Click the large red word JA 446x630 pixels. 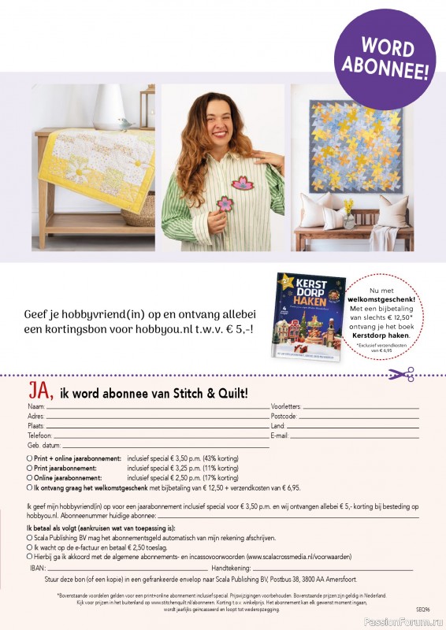41,391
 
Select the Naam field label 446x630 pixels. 35,406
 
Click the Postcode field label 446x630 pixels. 284,416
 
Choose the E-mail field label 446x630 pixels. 281,435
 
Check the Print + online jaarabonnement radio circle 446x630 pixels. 29,458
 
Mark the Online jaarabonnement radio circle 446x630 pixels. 29,477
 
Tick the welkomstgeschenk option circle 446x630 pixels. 29,487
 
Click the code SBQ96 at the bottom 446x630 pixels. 422,610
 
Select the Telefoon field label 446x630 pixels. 39,435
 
